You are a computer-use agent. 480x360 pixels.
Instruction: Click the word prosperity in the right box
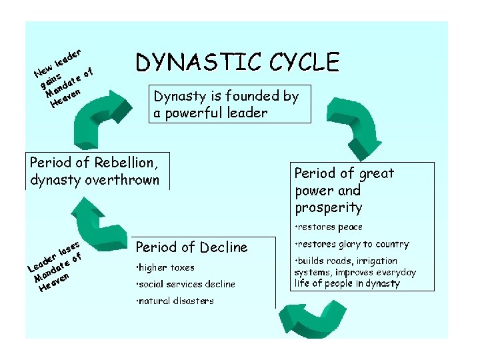click(x=328, y=207)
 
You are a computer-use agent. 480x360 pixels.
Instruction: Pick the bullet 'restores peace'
click(x=329, y=227)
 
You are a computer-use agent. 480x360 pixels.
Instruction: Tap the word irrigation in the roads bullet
click(x=371, y=261)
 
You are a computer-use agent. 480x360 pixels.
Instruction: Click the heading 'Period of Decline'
click(x=191, y=247)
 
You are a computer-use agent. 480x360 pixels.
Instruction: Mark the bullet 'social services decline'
click(x=185, y=284)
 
